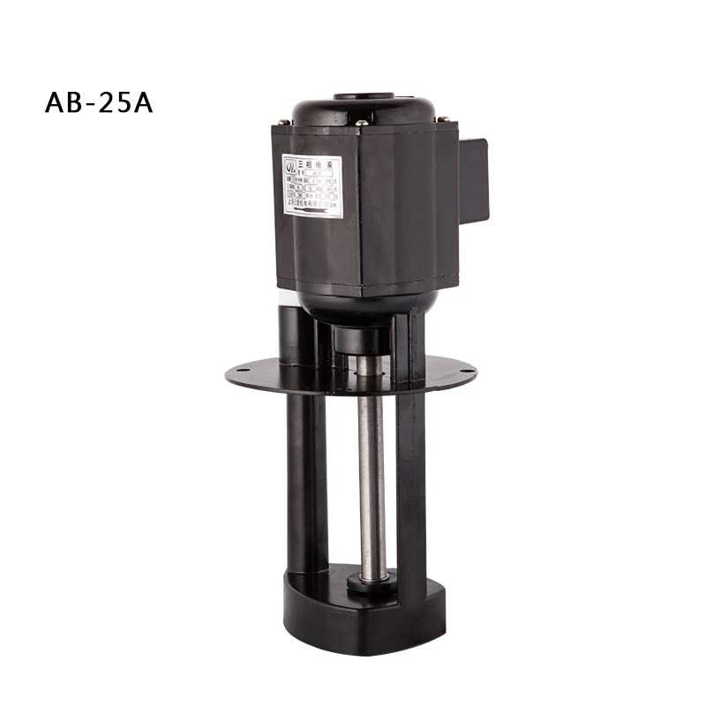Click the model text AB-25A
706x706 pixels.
pyautogui.click(x=99, y=103)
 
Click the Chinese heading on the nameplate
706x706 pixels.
pyautogui.click(x=317, y=162)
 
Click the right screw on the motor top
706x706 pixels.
pyautogui.click(x=446, y=120)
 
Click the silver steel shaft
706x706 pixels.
pyautogui.click(x=372, y=468)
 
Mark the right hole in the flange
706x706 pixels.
pyautogui.click(x=465, y=374)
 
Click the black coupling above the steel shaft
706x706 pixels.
pyautogui.click(x=363, y=340)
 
